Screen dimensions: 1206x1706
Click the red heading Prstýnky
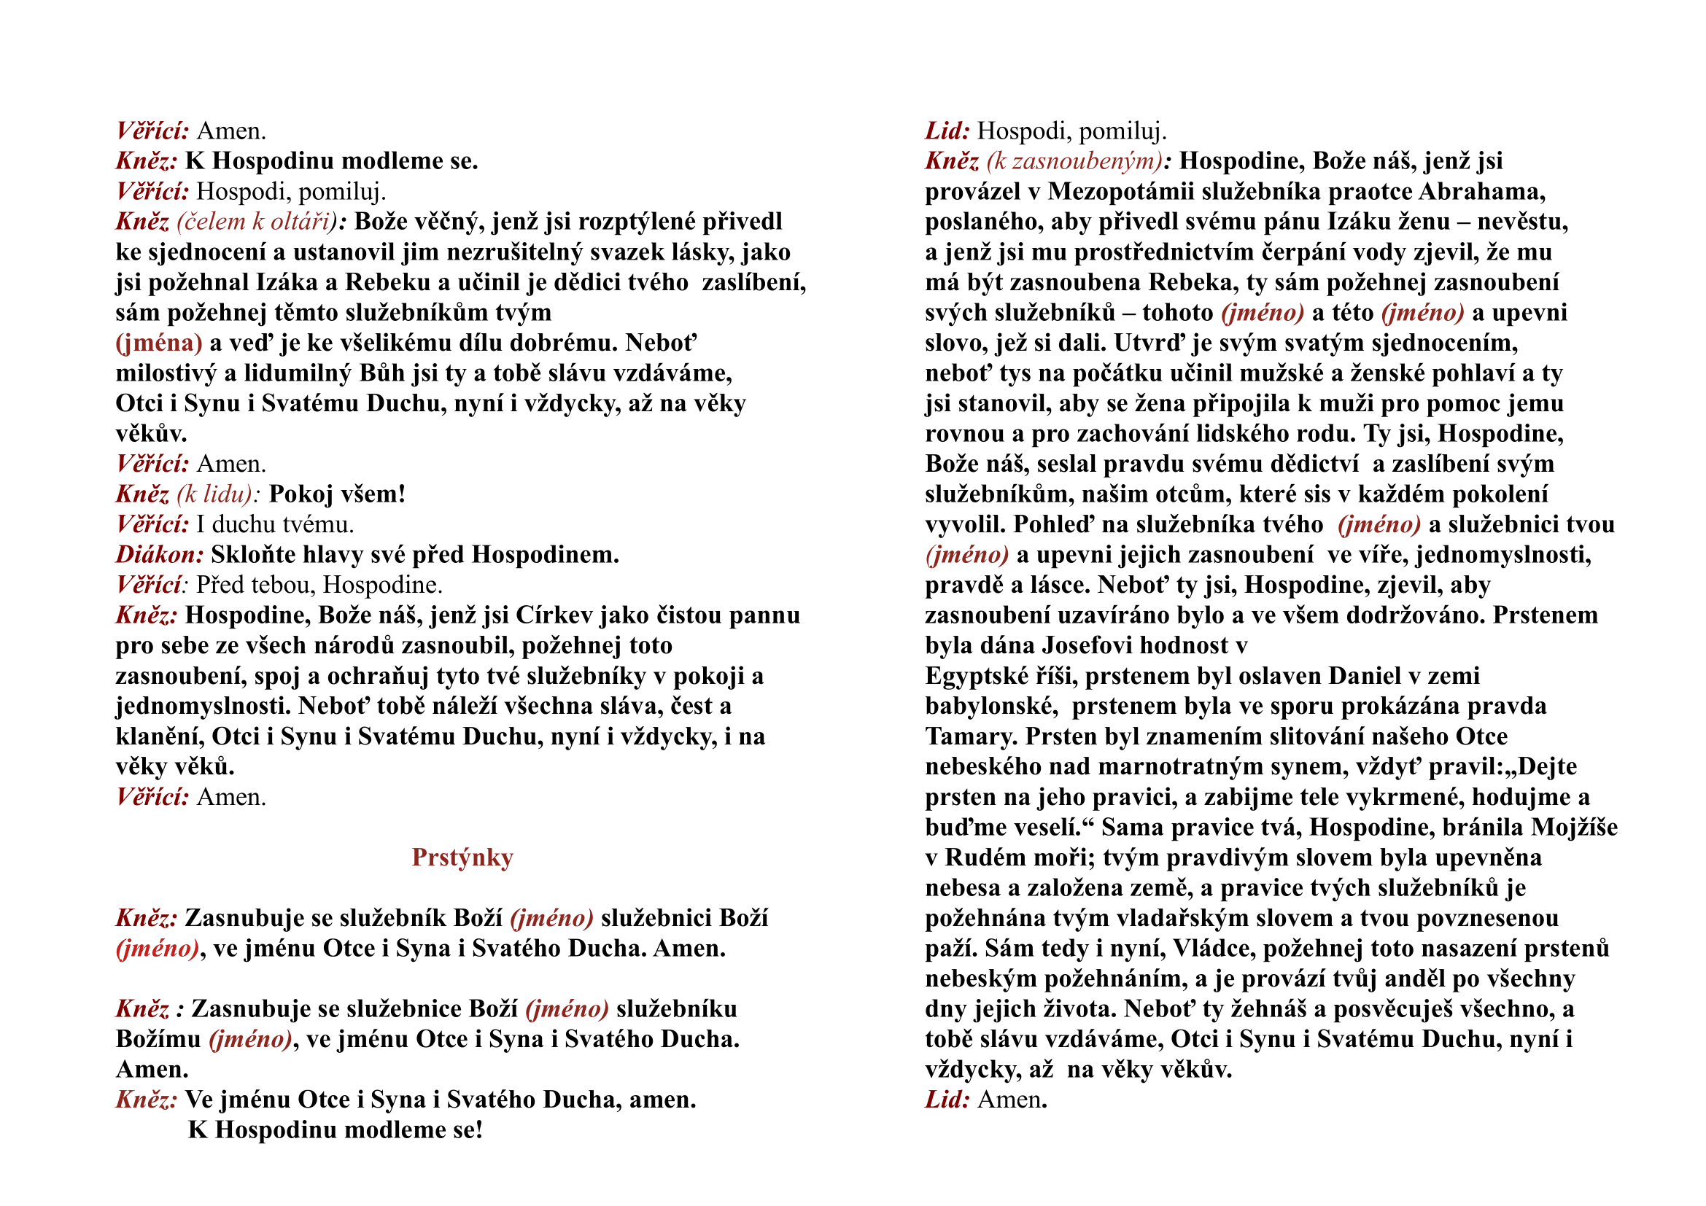(462, 857)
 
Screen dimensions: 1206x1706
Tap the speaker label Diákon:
(160, 555)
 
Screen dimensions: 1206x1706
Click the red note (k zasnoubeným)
(1074, 161)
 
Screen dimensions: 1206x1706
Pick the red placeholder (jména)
(159, 343)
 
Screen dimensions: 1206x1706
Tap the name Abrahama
(1481, 192)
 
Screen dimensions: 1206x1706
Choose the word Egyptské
(977, 677)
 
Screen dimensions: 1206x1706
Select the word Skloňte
(251, 555)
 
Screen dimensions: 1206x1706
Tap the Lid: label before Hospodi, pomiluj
(947, 131)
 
